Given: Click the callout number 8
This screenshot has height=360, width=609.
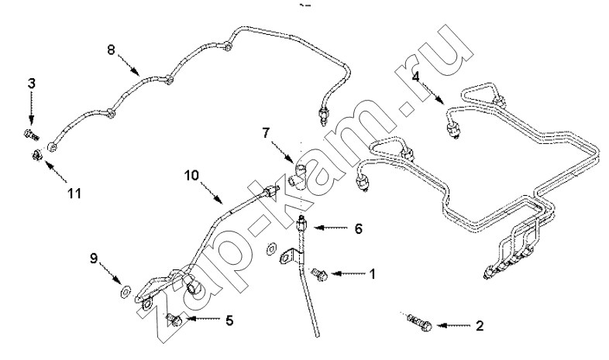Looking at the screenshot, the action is coord(112,50).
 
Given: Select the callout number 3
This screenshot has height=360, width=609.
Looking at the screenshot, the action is coord(32,83).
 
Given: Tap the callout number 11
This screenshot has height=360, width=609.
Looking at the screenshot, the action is coord(74,193).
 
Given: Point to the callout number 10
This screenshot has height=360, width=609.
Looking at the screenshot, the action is coord(192,176).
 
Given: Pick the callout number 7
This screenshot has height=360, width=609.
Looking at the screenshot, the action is coord(266,133).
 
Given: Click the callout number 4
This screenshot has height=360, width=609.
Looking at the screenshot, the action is coord(416,77).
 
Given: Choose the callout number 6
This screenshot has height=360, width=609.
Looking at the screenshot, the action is coord(358,229).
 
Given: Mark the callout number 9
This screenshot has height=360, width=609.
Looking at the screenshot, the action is coord(94,259).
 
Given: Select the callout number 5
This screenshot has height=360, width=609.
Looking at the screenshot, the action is coord(230,321).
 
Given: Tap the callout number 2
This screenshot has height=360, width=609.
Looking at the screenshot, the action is coord(480,326).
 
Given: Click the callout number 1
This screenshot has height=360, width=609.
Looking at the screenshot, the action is coord(373,274).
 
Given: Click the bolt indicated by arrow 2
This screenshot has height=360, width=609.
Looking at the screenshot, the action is coord(419,323).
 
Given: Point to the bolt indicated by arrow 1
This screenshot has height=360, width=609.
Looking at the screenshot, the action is coord(319,274).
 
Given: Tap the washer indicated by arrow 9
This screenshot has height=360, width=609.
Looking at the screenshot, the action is coord(126,291).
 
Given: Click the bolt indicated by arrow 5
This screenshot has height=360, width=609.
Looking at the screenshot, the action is coord(175,320).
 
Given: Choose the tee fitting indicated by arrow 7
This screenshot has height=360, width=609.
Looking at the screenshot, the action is coord(298,176).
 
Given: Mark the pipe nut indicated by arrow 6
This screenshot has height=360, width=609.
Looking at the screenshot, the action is coord(302,224).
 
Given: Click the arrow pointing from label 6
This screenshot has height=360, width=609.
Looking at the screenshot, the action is coord(331,228).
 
